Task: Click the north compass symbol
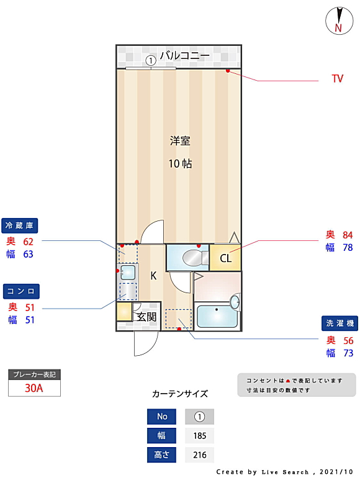(339, 20)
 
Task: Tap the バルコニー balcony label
(185, 55)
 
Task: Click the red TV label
(338, 78)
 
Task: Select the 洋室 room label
(180, 141)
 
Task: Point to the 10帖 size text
(180, 163)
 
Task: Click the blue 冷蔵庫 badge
(20, 225)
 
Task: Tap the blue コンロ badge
(21, 291)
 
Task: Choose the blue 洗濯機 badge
(340, 324)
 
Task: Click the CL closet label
(226, 258)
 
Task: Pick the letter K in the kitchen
(153, 276)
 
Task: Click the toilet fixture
(195, 258)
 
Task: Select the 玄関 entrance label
(146, 317)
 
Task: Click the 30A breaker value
(34, 388)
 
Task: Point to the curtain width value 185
(200, 436)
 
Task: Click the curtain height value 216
(200, 455)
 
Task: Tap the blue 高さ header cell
(161, 455)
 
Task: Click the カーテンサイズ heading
(180, 394)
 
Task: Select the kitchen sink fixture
(128, 272)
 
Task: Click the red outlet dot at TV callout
(228, 71)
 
